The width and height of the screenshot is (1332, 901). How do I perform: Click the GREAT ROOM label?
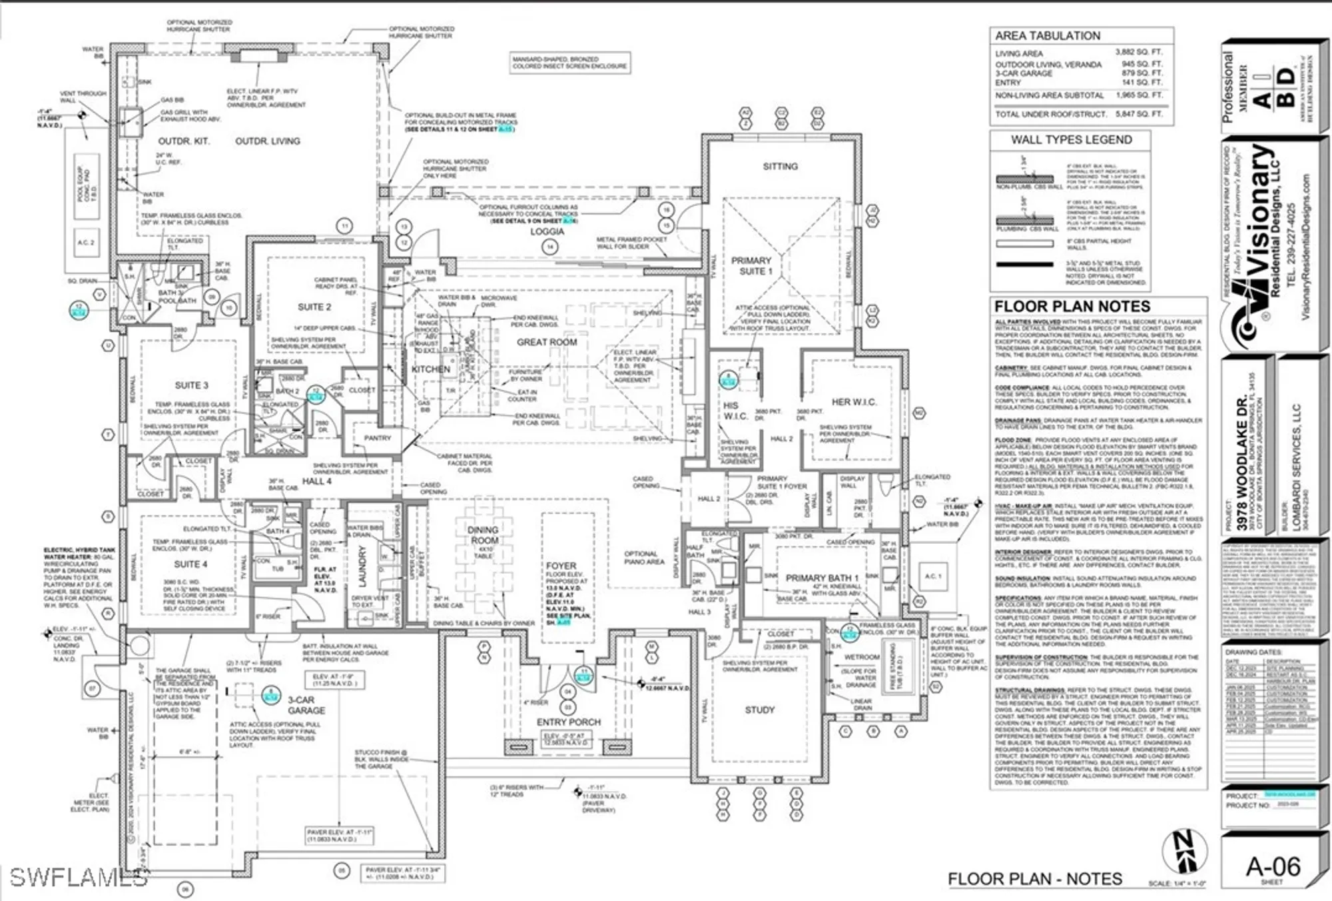[547, 342]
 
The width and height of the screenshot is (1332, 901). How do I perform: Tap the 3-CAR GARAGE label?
[306, 705]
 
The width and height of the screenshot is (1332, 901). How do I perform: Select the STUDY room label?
[759, 710]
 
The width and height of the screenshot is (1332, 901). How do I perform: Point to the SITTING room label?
[780, 167]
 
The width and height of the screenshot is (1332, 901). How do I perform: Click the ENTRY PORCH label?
[568, 722]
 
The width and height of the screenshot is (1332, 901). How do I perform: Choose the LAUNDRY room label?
[363, 566]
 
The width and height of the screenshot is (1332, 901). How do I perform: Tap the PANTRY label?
[377, 438]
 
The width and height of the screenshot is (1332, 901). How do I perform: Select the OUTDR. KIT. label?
[184, 141]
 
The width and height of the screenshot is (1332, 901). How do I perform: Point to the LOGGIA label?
[547, 231]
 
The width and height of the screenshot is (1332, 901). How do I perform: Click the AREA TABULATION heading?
[1047, 36]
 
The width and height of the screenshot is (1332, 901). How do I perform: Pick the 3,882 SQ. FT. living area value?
[1138, 52]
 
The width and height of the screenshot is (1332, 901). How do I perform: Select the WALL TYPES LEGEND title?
[1071, 140]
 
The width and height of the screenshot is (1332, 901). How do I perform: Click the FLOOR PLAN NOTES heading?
[1072, 307]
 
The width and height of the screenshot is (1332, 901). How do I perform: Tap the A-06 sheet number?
[1273, 866]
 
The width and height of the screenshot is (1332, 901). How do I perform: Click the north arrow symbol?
[1184, 852]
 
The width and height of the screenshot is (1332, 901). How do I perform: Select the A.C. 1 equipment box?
[932, 576]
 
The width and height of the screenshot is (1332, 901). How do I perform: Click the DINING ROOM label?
[483, 535]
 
